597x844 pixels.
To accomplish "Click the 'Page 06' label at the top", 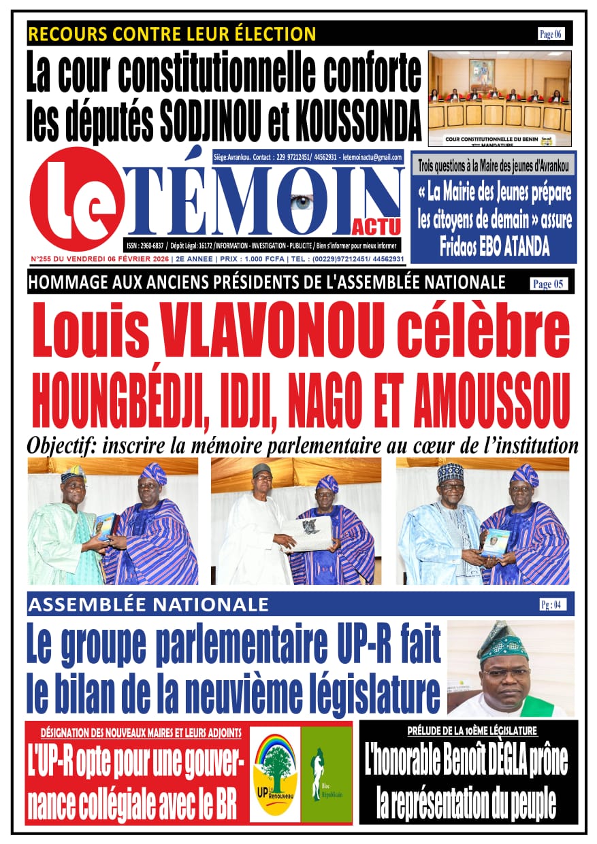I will [x=550, y=34].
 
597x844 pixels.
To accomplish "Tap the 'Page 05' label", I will [x=548, y=284].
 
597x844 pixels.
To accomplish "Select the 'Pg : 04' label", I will [x=550, y=604].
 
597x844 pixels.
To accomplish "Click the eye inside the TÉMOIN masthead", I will [x=303, y=202].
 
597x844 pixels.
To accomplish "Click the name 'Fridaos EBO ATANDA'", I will [x=494, y=248].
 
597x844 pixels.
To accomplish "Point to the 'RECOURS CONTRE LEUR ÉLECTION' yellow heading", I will [x=172, y=33].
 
